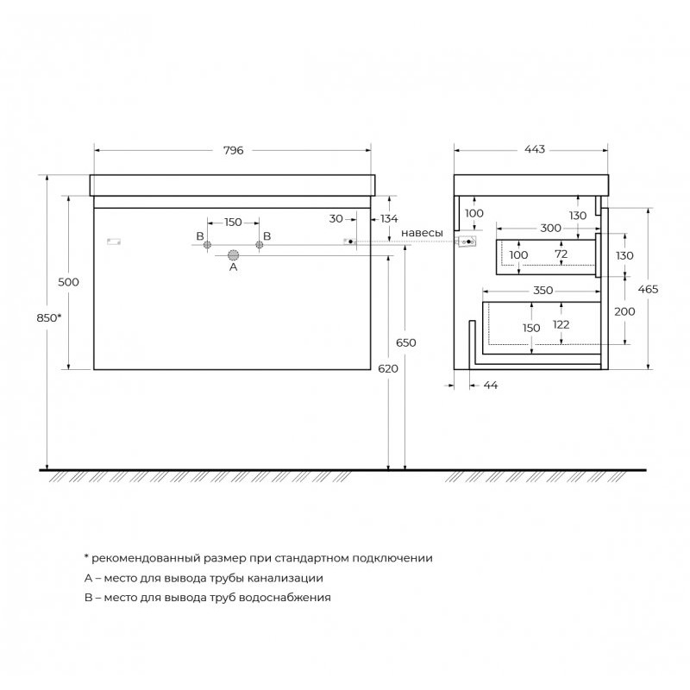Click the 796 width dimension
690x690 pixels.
(233, 150)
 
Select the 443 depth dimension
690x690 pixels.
(535, 149)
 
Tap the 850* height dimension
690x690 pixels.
(49, 317)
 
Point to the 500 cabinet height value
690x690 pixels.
(69, 282)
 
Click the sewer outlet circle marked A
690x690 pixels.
(233, 255)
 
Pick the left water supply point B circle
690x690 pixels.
(207, 245)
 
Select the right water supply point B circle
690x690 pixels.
(260, 245)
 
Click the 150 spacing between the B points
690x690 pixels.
(233, 223)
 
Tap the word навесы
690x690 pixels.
(422, 233)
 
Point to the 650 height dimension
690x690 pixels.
(405, 342)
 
